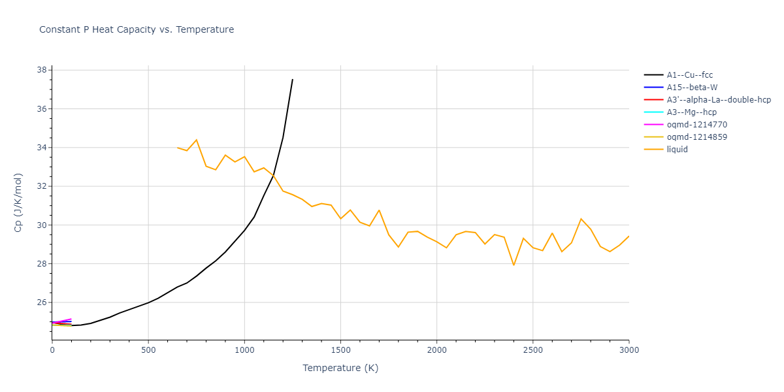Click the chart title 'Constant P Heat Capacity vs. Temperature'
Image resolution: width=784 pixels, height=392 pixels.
pyautogui.click(x=137, y=29)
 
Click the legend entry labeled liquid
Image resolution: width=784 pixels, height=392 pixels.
pyautogui.click(x=677, y=150)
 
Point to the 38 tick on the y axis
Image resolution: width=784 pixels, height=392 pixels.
pyautogui.click(x=41, y=70)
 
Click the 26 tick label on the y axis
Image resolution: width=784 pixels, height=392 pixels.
pyautogui.click(x=41, y=302)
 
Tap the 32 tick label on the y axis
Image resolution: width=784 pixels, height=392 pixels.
pyautogui.click(x=41, y=186)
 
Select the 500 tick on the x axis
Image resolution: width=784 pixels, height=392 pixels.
pyautogui.click(x=148, y=351)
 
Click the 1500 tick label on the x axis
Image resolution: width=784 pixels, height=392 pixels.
pyautogui.click(x=340, y=351)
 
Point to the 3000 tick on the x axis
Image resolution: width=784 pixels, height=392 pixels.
pyautogui.click(x=629, y=351)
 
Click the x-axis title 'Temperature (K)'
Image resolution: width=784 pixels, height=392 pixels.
pyautogui.click(x=340, y=368)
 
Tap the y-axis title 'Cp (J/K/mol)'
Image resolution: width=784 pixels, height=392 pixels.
pyautogui.click(x=18, y=203)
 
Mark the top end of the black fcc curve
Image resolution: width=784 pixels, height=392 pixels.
pyautogui.click(x=293, y=79)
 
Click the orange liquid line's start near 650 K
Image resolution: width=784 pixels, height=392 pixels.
pyautogui.click(x=177, y=148)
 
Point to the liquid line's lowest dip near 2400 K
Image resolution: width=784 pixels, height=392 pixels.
pyautogui.click(x=514, y=265)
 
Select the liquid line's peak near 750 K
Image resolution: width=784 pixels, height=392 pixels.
pyautogui.click(x=197, y=140)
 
